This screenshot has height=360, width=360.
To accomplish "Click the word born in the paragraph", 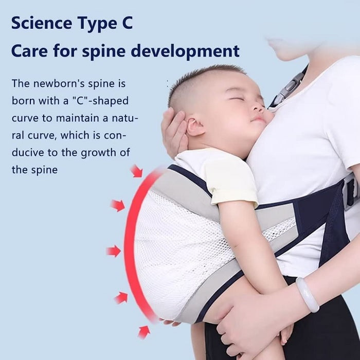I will pos(23,100).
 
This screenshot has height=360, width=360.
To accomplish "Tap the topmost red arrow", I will pos(136,171).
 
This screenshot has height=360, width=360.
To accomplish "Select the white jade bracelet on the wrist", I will pos(307,295).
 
